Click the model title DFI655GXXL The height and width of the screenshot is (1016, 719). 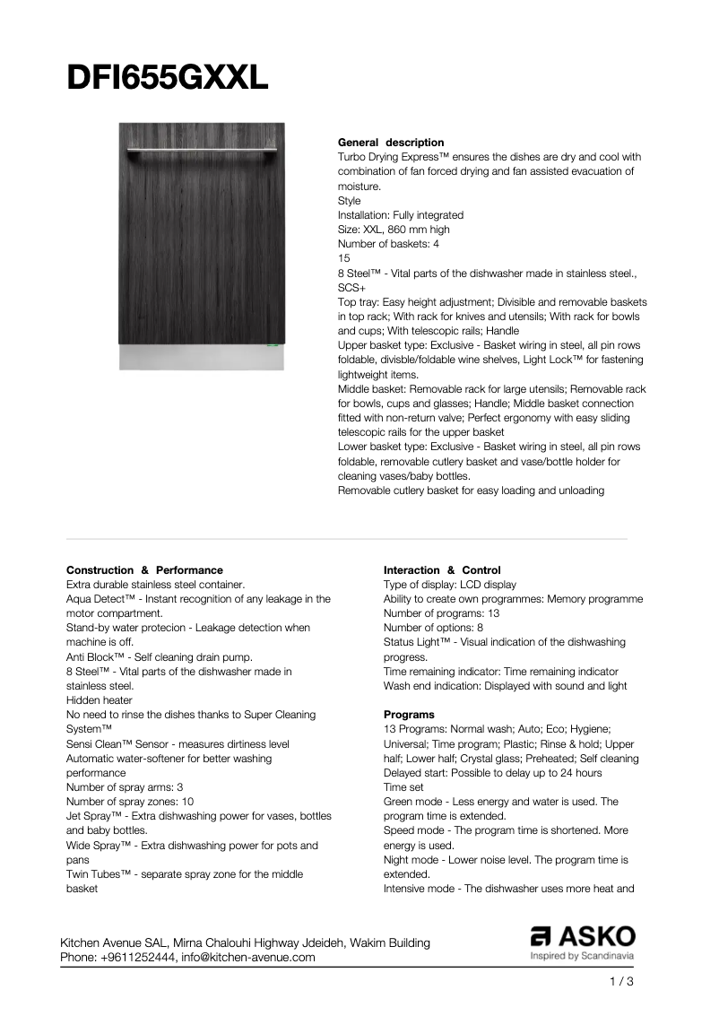point(168,79)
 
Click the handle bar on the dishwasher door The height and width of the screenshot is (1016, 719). point(202,149)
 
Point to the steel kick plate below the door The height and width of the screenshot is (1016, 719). point(202,359)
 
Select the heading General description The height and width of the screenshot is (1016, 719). point(390,143)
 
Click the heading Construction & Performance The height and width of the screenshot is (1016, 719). point(144,570)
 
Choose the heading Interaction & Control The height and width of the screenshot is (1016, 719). point(442,570)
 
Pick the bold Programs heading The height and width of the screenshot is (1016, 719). point(409,715)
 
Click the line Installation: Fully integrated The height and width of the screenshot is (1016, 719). point(400,215)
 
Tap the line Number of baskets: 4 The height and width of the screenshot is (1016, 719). point(388,244)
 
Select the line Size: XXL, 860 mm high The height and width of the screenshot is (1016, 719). point(394,230)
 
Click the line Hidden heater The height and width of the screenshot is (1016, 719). point(100,700)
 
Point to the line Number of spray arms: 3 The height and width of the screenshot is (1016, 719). point(125,787)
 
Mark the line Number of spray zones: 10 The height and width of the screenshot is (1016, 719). point(130,802)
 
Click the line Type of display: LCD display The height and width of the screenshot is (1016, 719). point(450,585)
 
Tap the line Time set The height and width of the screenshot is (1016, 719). point(403,787)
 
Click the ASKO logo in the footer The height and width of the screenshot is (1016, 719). point(582,937)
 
